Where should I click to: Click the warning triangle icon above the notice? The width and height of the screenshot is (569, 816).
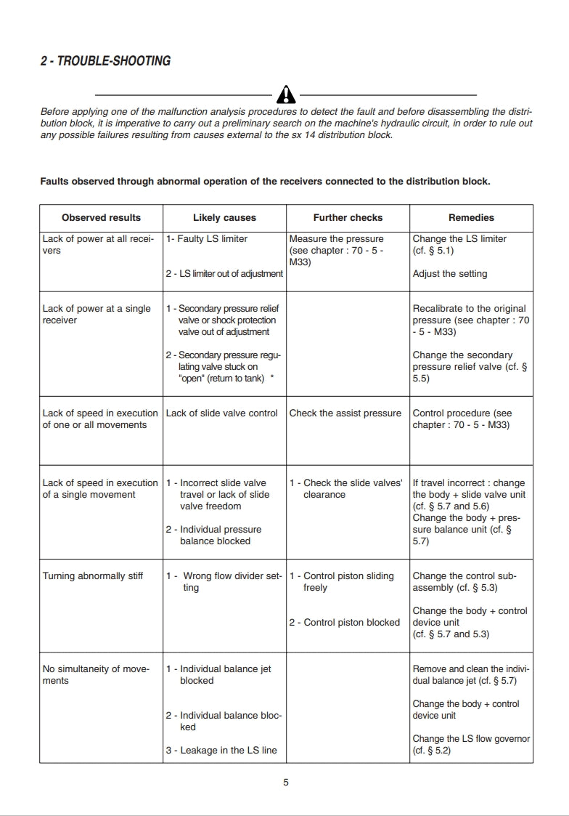coord(287,94)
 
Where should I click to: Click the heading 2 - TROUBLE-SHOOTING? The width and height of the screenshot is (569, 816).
coord(105,61)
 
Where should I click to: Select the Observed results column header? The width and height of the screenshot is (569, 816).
coord(101,217)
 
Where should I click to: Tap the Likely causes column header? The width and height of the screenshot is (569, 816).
coord(224,217)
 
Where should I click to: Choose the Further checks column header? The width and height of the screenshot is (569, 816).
coord(348,217)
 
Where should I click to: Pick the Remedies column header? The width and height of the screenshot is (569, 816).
coord(471,217)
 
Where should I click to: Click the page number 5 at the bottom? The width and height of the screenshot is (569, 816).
coord(286,783)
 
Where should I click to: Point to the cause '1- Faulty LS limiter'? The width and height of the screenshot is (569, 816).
coord(207,239)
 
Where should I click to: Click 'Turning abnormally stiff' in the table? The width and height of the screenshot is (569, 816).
coord(93,576)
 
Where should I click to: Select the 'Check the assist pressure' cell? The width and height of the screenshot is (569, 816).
coord(345,413)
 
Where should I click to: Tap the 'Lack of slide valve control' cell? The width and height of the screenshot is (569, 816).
coord(222,413)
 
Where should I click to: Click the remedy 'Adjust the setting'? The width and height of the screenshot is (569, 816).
coord(450,274)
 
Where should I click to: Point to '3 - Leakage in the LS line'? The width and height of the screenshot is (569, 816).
coord(221,751)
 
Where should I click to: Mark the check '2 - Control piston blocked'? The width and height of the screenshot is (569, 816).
coord(345,623)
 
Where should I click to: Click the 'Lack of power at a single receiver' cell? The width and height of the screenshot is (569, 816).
coord(97,314)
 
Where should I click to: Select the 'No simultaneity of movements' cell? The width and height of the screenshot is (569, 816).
coord(96,674)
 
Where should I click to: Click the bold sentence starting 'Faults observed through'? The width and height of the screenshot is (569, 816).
coord(265,181)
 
